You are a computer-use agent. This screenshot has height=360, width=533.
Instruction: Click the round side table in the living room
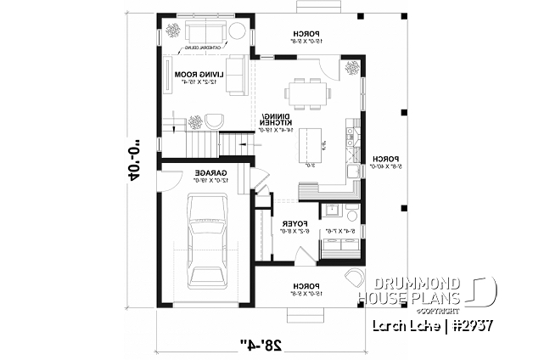click(x=238, y=32)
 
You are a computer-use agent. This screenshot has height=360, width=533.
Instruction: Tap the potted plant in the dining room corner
click(x=350, y=69)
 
